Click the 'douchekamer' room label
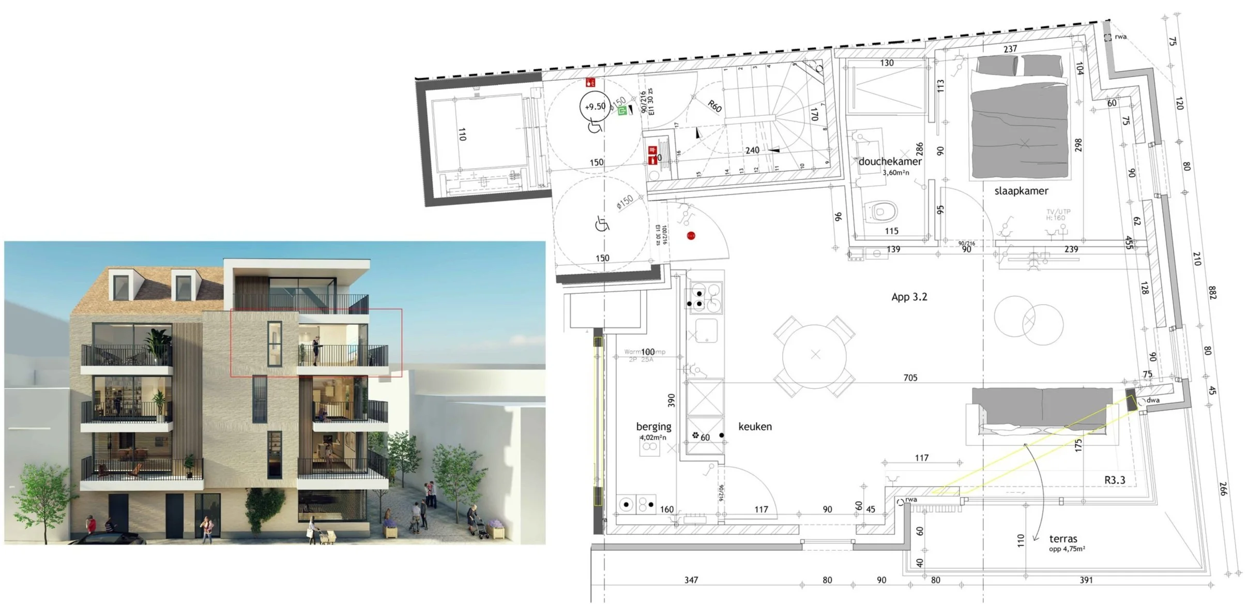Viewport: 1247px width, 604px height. click(890, 161)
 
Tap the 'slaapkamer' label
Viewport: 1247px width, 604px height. click(1021, 191)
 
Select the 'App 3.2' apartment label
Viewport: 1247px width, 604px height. click(909, 297)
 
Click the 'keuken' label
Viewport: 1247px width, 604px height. click(755, 427)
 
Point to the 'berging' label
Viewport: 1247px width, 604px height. click(653, 427)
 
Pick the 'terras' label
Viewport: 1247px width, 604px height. click(1063, 539)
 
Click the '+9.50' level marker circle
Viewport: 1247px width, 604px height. click(595, 107)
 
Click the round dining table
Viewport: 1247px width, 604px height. click(815, 355)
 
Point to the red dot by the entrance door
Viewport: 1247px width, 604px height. click(691, 236)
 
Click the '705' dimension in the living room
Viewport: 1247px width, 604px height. click(910, 378)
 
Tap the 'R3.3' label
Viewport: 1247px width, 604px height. click(1115, 480)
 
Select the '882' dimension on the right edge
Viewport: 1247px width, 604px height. click(1211, 292)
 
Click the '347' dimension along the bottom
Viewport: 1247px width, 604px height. click(691, 580)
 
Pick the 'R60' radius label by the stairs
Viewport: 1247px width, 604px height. click(714, 107)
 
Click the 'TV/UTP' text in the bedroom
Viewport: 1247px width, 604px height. click(1058, 212)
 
